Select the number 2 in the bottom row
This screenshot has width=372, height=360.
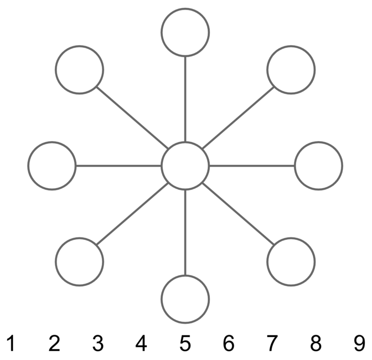[55, 342]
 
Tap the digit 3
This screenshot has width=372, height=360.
[98, 342]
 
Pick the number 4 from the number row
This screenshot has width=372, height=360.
[141, 342]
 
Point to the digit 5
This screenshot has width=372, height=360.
[185, 342]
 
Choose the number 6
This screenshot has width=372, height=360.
[228, 342]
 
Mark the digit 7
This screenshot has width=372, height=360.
[272, 342]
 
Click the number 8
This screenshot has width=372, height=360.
[315, 342]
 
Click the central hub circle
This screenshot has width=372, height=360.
[185, 165]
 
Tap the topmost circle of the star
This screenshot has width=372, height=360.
[185, 32]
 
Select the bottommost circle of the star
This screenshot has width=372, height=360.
[185, 299]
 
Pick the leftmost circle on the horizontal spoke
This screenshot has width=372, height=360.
[52, 165]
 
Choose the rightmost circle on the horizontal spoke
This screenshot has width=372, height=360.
[318, 165]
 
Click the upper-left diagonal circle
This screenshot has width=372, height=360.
[79, 70]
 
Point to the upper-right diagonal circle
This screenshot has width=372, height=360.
[291, 70]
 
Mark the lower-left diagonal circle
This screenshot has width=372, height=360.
[79, 261]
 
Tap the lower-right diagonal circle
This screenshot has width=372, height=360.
[291, 261]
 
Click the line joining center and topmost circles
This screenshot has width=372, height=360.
[185, 99]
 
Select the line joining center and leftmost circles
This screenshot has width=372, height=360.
[119, 165]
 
